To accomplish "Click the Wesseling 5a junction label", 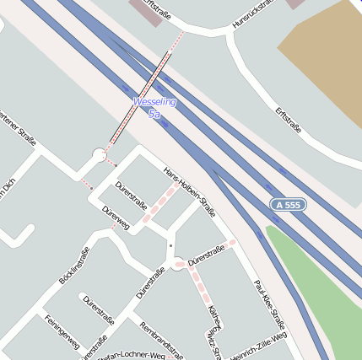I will [x=154, y=107].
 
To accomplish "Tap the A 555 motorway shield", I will [x=288, y=204].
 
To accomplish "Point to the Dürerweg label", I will [x=115, y=217].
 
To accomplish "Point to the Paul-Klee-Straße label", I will [x=269, y=304].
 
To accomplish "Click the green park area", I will [x=316, y=287].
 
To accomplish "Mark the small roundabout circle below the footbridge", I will [x=100, y=155].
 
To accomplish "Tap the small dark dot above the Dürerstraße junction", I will [x=170, y=245].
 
